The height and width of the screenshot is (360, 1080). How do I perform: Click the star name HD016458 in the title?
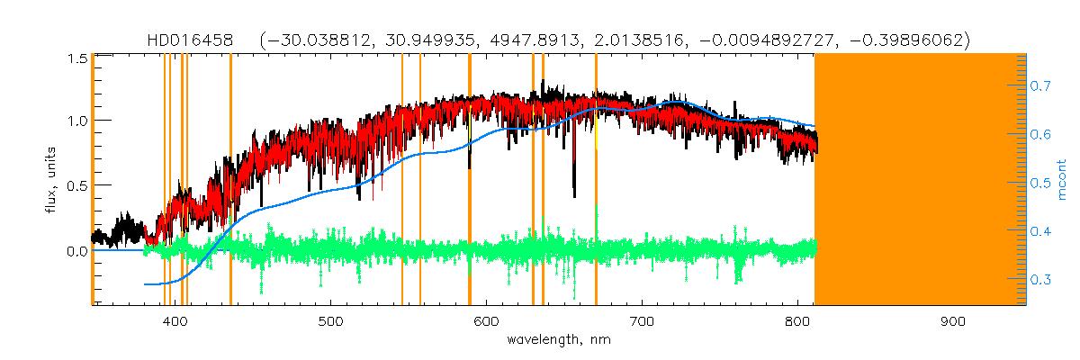point(191,40)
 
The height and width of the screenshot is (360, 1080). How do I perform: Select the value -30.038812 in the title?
point(311,40)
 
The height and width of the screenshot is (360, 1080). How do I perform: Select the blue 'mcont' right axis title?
point(1062,179)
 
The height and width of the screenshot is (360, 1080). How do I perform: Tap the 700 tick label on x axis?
point(642,322)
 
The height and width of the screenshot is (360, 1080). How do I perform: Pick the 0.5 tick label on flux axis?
point(77,185)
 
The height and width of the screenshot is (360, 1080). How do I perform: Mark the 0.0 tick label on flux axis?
point(77,250)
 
